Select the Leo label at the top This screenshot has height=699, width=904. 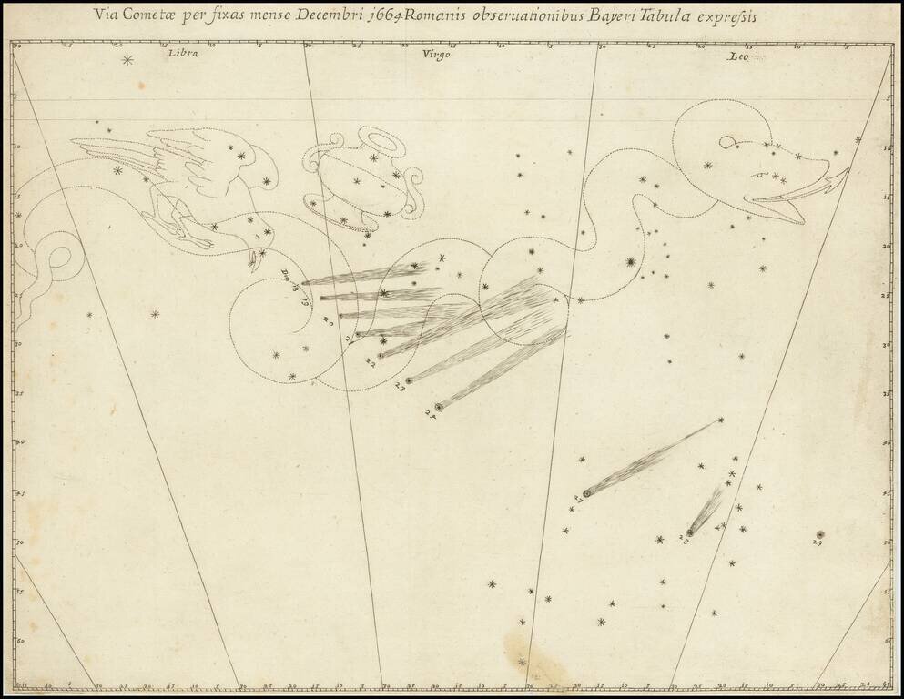click(736, 56)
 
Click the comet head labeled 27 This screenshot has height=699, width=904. click(587, 492)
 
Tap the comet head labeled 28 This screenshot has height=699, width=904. click(690, 532)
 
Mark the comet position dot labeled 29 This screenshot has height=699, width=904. click(820, 534)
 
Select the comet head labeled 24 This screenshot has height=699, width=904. click(439, 407)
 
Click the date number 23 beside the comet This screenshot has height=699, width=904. click(400, 387)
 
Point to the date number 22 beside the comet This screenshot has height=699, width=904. click(371, 362)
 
